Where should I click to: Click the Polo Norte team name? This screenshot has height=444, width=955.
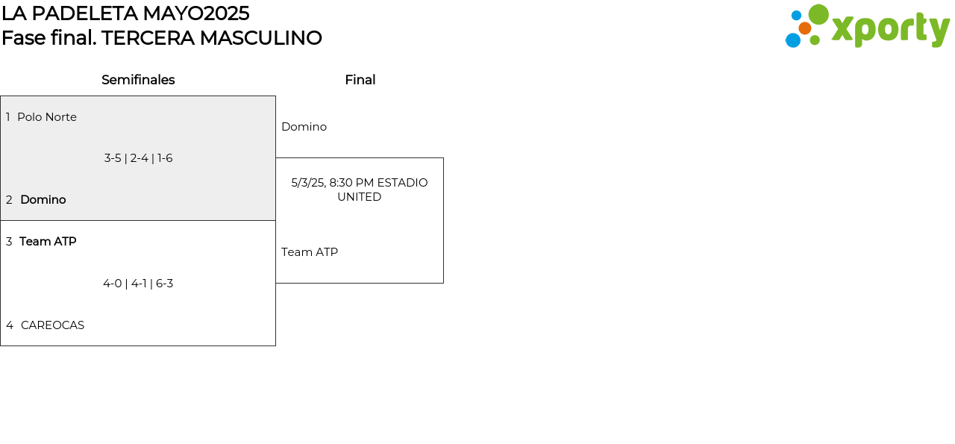(47, 117)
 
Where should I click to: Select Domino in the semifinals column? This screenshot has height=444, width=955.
(43, 200)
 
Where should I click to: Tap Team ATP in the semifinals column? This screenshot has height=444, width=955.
(48, 242)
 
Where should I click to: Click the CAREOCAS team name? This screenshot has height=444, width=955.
(52, 325)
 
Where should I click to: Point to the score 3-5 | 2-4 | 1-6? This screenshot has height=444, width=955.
(138, 158)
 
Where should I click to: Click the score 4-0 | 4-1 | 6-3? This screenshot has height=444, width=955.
(138, 284)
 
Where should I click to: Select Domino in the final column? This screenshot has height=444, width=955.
(304, 127)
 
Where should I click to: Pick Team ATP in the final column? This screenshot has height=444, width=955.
(310, 252)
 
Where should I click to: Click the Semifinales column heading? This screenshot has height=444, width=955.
(138, 80)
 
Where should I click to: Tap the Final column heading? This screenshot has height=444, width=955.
(360, 80)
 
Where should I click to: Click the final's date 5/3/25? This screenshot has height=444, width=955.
(307, 183)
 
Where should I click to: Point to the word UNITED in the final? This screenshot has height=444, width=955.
(359, 197)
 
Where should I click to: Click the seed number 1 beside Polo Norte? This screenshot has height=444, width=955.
(8, 117)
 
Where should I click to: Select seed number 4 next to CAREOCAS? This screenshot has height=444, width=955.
(10, 325)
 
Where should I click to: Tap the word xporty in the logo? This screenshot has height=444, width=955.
(890, 30)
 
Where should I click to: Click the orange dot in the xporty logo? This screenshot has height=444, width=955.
(804, 28)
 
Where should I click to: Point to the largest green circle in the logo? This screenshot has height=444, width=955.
(818, 14)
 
